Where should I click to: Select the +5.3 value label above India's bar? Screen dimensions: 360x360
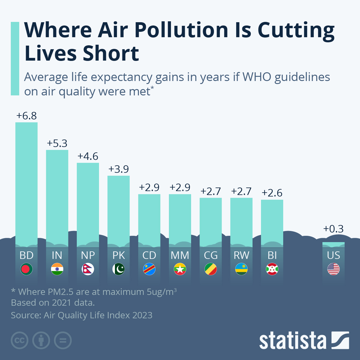pyautogui.click(x=57, y=143)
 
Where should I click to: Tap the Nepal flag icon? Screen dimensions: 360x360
pyautogui.click(x=88, y=269)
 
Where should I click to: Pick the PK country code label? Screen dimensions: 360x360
pyautogui.click(x=118, y=255)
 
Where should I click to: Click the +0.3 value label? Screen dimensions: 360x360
pyautogui.click(x=333, y=229)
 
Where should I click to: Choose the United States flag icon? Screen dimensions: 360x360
pyautogui.click(x=333, y=269)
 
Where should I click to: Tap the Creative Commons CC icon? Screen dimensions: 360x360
pyautogui.click(x=19, y=340)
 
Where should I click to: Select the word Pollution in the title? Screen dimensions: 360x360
pyautogui.click(x=181, y=30)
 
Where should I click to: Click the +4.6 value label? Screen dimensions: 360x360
pyautogui.click(x=88, y=156)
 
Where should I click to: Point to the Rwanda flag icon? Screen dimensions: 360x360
pyautogui.click(x=241, y=269)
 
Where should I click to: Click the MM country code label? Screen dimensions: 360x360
pyautogui.click(x=180, y=255)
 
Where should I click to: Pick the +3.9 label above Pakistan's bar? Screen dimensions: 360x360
pyautogui.click(x=118, y=169)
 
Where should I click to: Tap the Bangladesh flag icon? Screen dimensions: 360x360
pyautogui.click(x=26, y=269)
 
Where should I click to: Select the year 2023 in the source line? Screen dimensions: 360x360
pyautogui.click(x=142, y=315)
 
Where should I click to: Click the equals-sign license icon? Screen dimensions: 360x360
pyautogui.click(x=63, y=340)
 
